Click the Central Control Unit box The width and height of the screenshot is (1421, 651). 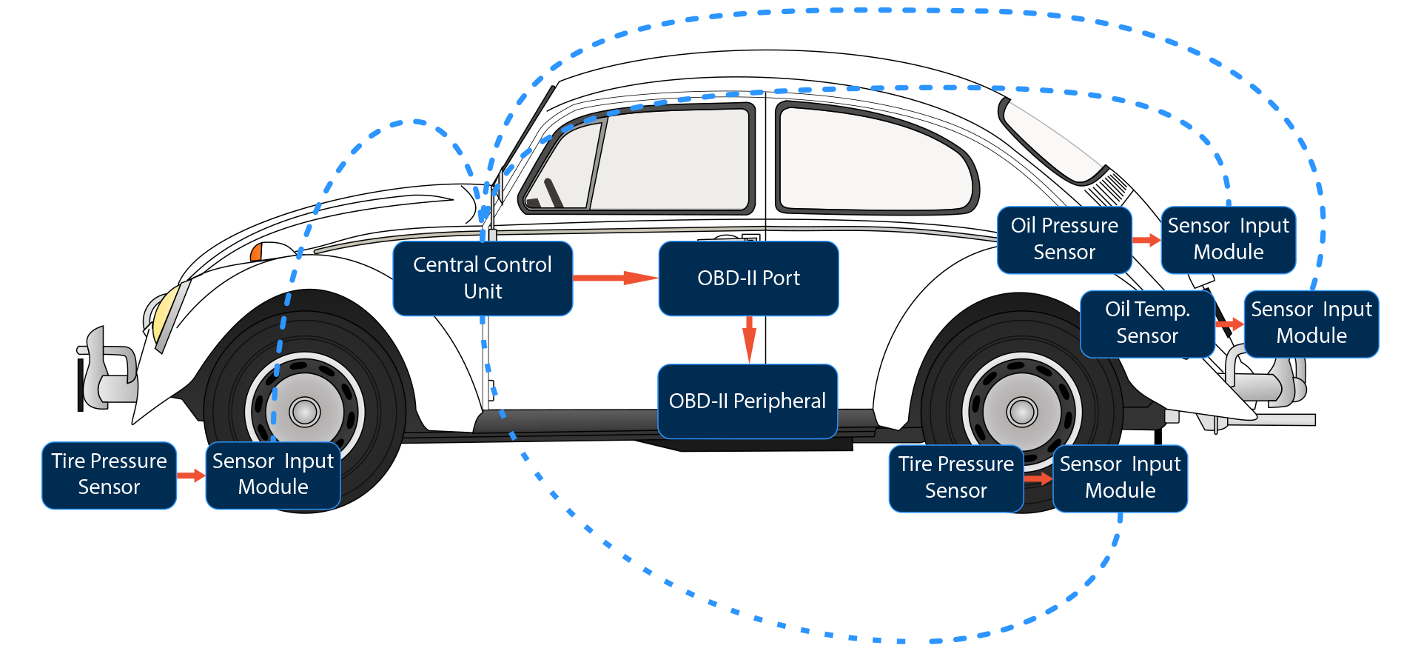(x=483, y=278)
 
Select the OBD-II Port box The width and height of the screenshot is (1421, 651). (x=748, y=278)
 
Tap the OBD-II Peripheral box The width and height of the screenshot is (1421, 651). (x=748, y=401)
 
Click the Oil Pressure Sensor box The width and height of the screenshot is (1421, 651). (x=1064, y=239)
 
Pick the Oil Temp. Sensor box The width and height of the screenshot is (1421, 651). (x=1147, y=323)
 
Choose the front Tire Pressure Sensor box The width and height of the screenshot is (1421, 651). (x=109, y=475)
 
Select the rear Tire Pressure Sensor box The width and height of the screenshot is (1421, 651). (x=955, y=478)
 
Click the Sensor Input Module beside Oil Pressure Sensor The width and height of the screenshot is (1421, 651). (x=1228, y=239)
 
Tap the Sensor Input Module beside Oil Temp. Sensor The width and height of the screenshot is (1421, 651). (x=1311, y=323)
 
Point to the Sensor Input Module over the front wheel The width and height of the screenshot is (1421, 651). (x=273, y=475)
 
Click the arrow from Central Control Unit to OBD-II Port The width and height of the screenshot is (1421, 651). (x=614, y=278)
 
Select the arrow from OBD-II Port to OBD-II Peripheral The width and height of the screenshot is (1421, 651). (x=749, y=339)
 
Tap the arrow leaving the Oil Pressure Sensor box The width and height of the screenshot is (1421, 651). (x=1146, y=240)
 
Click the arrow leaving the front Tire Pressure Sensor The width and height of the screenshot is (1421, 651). (x=191, y=475)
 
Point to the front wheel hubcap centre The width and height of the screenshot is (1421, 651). (x=304, y=412)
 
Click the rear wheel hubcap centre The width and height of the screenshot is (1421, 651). (x=1022, y=412)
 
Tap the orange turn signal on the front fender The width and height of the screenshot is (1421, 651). (x=256, y=253)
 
